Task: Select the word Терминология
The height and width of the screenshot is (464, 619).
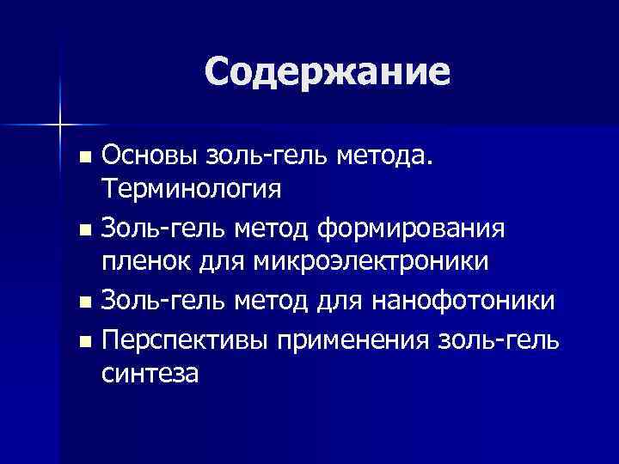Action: coord(191,187)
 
